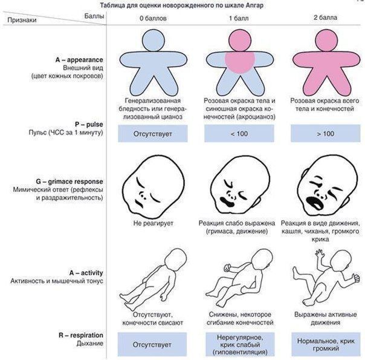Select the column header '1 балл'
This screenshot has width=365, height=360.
coord(238,19)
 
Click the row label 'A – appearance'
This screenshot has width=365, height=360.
coord(82,60)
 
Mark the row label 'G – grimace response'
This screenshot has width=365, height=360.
coord(71,182)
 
